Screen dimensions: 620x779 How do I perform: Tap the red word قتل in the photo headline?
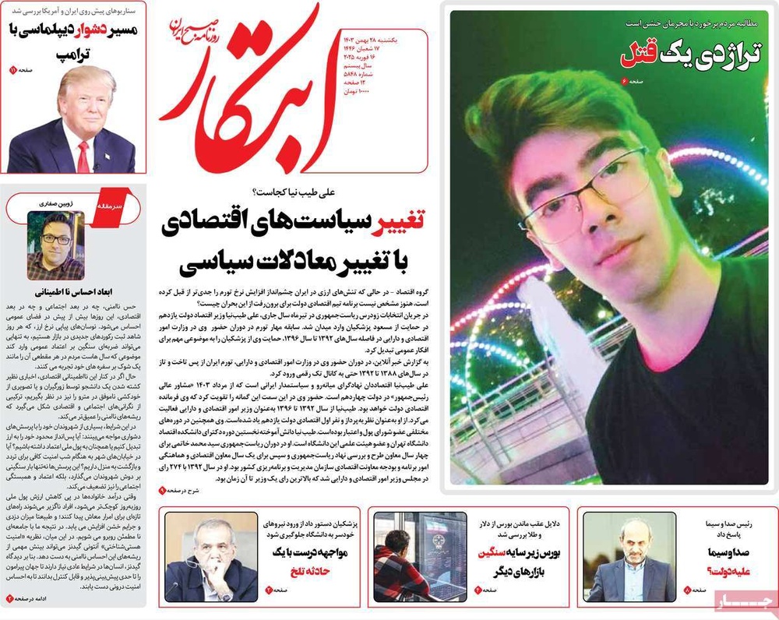(x=640, y=54)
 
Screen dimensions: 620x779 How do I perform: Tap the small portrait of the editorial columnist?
(x=55, y=245)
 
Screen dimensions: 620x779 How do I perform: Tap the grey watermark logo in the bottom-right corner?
(x=743, y=601)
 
